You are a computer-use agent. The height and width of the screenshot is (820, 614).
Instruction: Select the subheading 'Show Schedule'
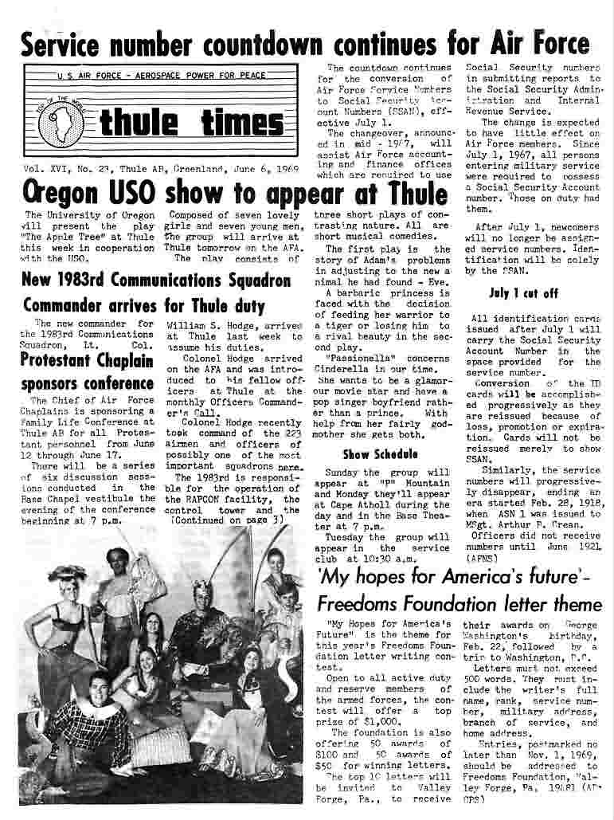pyautogui.click(x=369, y=455)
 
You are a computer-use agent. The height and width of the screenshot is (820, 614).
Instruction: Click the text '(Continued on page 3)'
pyautogui.click(x=228, y=520)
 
